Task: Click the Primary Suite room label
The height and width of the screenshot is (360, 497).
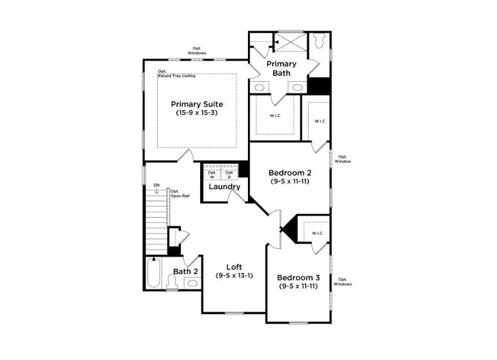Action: click(197, 104)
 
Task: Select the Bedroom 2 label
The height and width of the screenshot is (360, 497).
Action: click(289, 172)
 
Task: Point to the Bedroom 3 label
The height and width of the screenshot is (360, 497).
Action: click(298, 278)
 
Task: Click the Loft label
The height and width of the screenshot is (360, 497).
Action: click(234, 267)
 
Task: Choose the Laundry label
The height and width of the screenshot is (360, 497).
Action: click(224, 187)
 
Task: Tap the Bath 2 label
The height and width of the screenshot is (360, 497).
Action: click(186, 272)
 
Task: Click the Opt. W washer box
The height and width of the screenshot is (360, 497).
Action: click(212, 174)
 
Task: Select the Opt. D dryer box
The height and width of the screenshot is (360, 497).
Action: click(229, 174)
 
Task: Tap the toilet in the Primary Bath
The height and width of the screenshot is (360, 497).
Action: click(319, 41)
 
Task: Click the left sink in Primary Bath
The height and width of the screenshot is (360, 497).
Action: click(260, 87)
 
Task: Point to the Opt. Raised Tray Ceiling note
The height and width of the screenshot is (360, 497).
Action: click(176, 74)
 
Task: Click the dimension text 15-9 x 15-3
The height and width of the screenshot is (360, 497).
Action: click(197, 113)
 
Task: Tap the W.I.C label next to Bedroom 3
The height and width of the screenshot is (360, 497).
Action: click(317, 233)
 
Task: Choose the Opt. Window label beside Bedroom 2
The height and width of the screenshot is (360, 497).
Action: click(343, 159)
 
